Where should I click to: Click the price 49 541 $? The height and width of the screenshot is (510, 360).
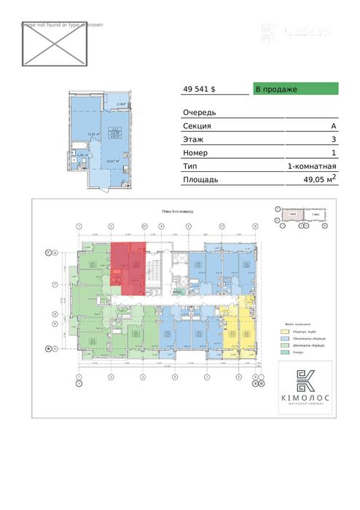click(x=199, y=89)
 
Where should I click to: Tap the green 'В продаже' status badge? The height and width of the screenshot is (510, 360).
click(x=295, y=89)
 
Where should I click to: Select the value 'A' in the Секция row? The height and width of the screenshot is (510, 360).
click(x=333, y=126)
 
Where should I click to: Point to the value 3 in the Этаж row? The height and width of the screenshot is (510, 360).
click(x=333, y=139)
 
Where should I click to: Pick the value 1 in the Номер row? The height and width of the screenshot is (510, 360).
click(x=333, y=152)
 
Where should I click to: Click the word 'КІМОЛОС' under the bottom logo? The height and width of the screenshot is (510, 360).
click(x=304, y=397)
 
